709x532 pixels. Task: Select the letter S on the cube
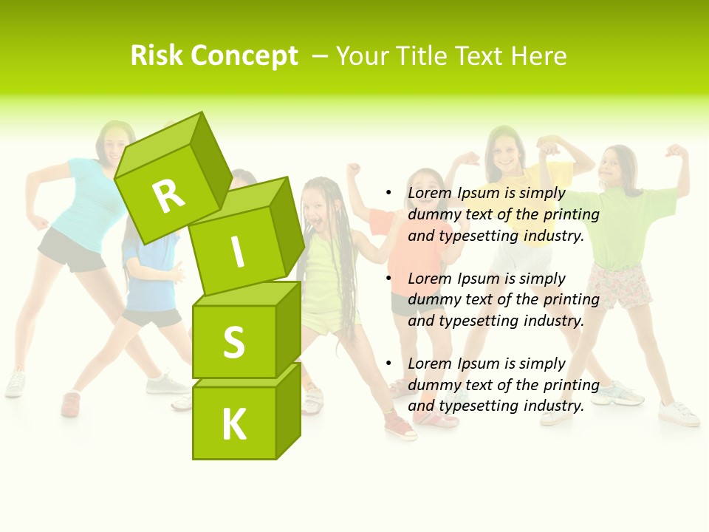(x=233, y=342)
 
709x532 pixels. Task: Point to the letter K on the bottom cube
(x=233, y=425)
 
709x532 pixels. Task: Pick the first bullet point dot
(x=388, y=193)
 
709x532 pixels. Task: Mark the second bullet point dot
(x=388, y=279)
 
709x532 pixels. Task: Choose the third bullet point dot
(x=388, y=364)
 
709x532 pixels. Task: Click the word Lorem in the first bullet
(x=429, y=194)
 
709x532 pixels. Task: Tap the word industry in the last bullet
(x=554, y=406)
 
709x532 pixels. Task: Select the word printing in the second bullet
(x=572, y=300)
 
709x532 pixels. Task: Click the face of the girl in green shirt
(x=615, y=166)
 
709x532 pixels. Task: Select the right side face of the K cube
(x=288, y=414)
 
